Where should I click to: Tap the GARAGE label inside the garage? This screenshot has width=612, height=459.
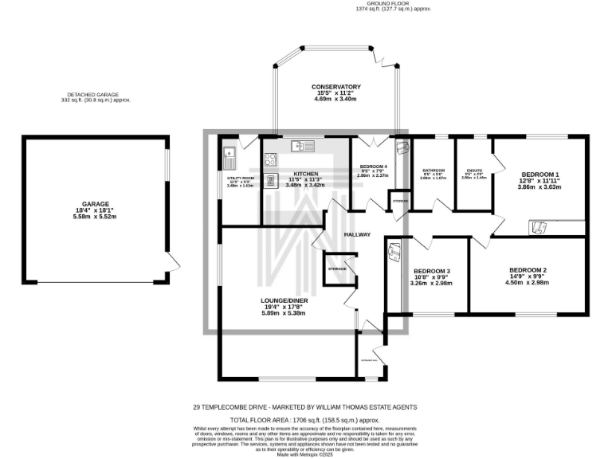point(95,204)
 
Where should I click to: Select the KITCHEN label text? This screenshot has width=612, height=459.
point(305,174)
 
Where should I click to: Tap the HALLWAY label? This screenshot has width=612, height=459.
point(358,234)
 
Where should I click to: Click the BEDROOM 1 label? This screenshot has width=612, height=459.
point(540,175)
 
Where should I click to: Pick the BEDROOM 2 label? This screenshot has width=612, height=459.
point(528,269)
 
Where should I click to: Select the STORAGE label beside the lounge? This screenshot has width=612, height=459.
point(337,269)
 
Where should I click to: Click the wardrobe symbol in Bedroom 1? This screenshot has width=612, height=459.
point(539,229)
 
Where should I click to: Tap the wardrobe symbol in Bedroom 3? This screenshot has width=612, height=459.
point(394,253)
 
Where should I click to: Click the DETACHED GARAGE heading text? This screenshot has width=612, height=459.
point(95,95)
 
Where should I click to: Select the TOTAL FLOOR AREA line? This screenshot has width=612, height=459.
point(304,419)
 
